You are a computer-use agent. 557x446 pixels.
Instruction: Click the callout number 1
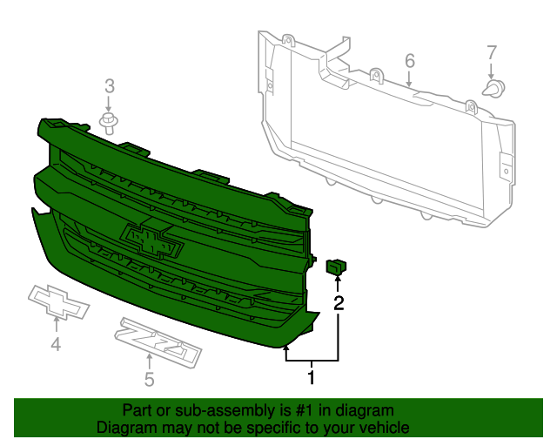tap(311, 377)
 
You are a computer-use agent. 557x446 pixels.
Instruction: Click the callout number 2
tap(339, 303)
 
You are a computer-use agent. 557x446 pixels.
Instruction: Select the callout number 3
tap(110, 85)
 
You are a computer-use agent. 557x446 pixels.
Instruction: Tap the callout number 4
tap(56, 345)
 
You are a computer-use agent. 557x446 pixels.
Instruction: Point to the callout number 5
tap(149, 379)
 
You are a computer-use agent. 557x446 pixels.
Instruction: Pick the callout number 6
tap(409, 60)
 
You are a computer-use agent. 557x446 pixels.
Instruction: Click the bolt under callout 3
tap(109, 121)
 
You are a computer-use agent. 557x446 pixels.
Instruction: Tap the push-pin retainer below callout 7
tap(494, 89)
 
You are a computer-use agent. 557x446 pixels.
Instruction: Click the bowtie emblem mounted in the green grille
tap(153, 240)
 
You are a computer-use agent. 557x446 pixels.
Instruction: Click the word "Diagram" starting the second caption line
tap(126, 428)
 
